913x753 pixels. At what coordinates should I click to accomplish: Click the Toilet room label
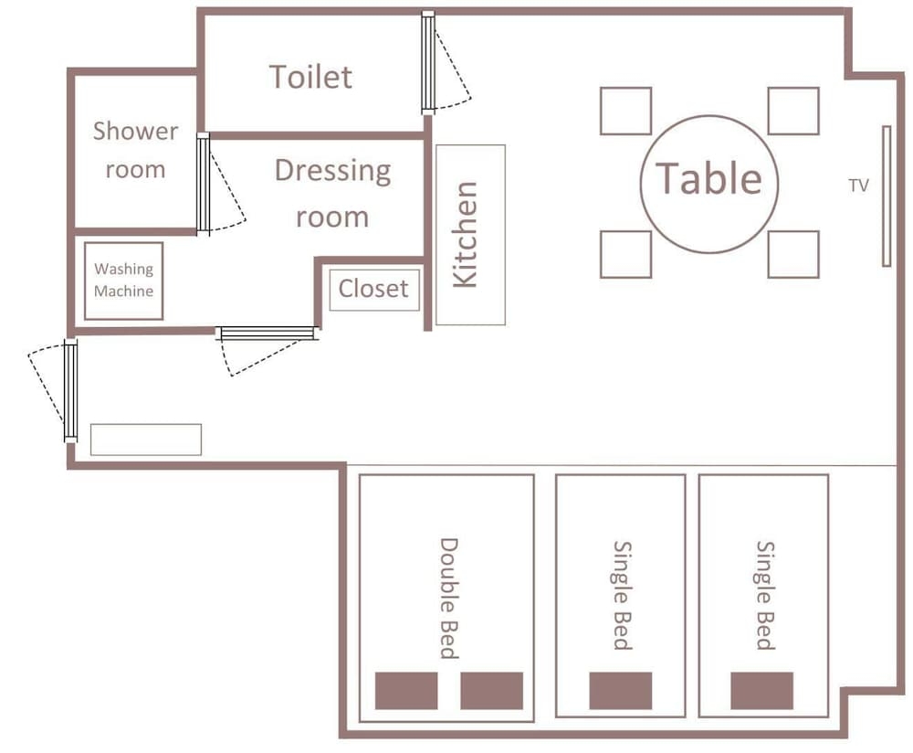(x=311, y=77)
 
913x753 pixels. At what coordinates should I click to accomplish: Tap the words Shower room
(x=135, y=150)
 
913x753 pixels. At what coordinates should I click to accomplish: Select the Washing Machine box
(x=123, y=281)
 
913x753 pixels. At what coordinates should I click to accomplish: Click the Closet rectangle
(x=374, y=290)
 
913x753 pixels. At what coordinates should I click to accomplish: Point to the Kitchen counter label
(x=465, y=234)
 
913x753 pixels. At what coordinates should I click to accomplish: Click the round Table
(x=709, y=185)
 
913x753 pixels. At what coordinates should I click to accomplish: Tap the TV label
(x=858, y=186)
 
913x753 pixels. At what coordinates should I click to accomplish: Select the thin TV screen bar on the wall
(x=887, y=196)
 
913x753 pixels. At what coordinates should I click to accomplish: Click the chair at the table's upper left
(x=626, y=111)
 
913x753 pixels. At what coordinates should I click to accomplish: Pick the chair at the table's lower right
(x=793, y=254)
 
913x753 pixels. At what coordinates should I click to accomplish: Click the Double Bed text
(x=449, y=598)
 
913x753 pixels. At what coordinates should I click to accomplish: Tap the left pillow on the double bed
(x=406, y=691)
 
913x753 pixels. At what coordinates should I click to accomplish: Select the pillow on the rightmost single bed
(x=761, y=691)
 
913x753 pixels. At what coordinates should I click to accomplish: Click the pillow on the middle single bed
(x=620, y=691)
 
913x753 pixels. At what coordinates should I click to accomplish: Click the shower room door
(x=203, y=184)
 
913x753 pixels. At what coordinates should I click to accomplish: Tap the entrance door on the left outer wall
(x=70, y=390)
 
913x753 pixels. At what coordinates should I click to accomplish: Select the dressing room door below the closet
(x=267, y=334)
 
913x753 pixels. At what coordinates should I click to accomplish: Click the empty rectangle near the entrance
(x=146, y=440)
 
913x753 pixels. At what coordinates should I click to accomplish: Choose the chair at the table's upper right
(x=793, y=111)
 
